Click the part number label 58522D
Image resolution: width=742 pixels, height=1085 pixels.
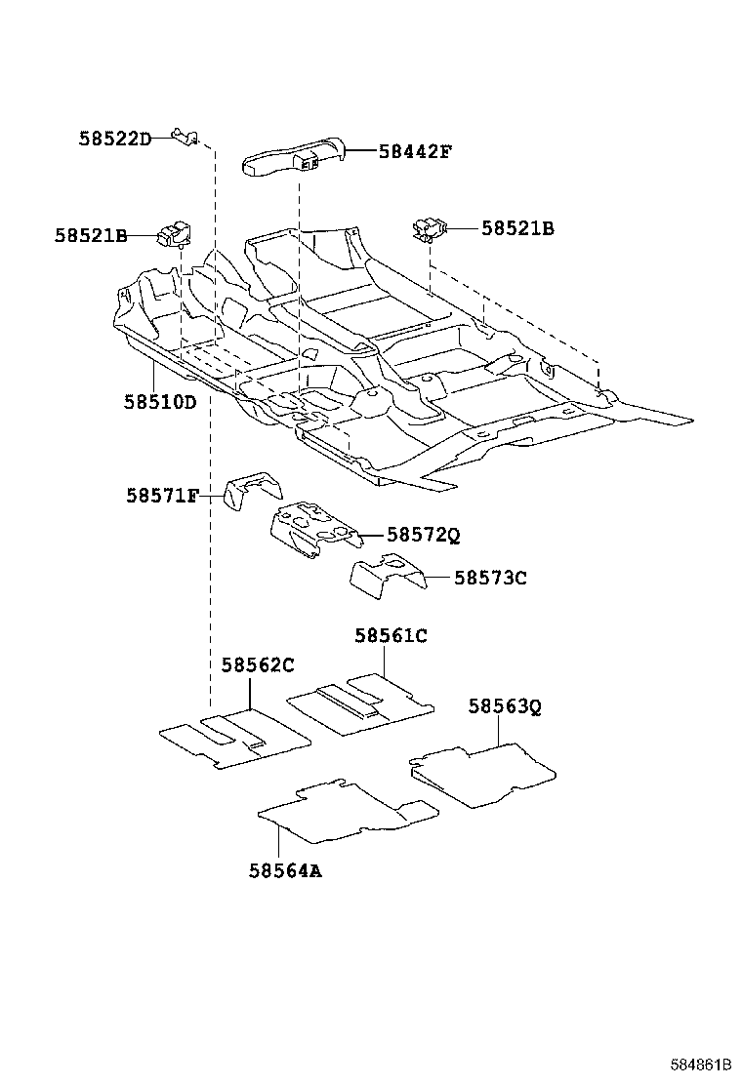(x=115, y=139)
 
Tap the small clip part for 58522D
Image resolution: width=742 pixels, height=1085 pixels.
(x=185, y=135)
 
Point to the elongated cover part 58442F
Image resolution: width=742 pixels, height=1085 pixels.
(x=293, y=158)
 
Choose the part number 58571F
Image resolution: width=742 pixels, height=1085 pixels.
(x=162, y=496)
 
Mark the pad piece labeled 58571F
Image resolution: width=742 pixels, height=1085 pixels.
(x=251, y=490)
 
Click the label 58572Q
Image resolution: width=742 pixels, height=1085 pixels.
(x=423, y=535)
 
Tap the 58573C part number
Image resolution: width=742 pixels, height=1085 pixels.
(x=490, y=578)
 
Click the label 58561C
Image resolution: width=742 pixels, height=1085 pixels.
(x=391, y=636)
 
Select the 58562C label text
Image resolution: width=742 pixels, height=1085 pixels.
(x=257, y=665)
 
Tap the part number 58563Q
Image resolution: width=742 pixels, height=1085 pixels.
(x=504, y=705)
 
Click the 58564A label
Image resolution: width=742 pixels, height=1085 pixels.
(x=285, y=870)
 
